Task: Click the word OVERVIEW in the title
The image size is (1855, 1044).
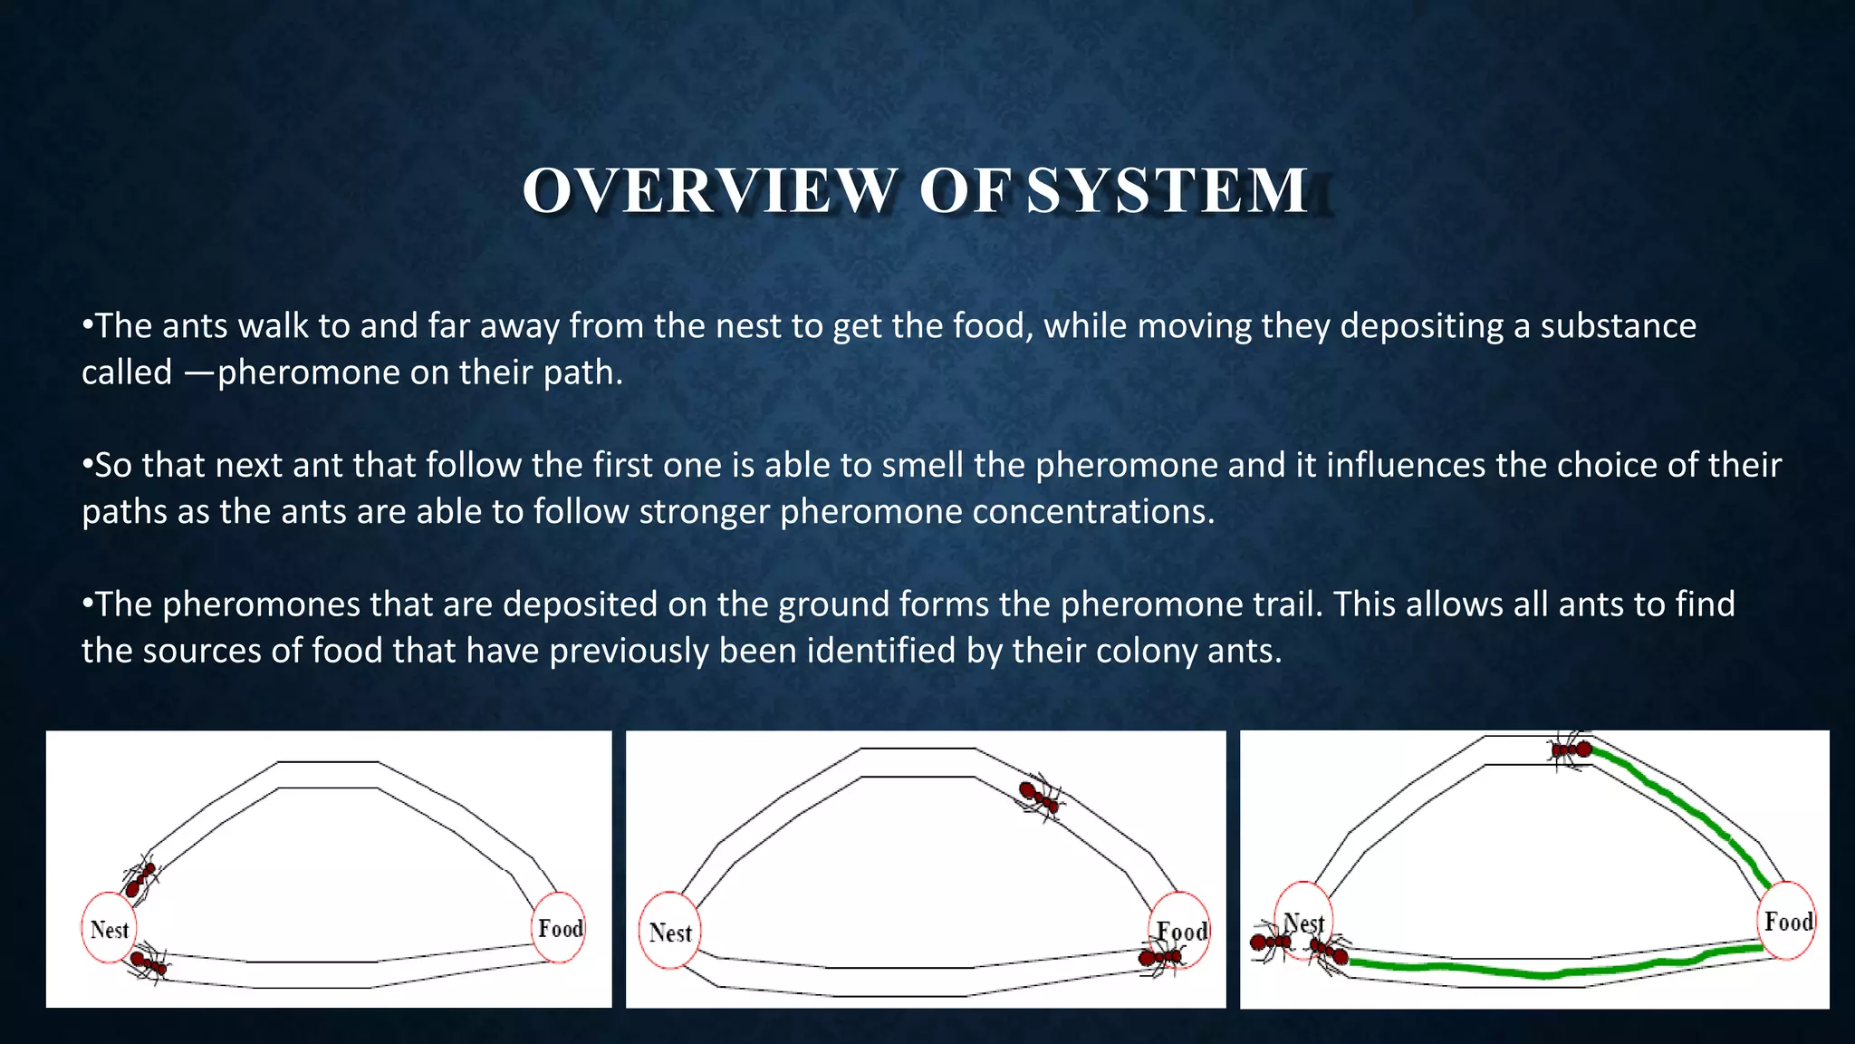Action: [709, 191]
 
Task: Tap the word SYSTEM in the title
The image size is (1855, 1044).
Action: [1168, 191]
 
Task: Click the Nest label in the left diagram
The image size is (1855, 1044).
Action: [110, 930]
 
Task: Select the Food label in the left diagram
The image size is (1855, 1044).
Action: [561, 928]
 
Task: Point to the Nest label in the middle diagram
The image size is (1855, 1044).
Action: [670, 933]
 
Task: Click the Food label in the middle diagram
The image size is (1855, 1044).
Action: [1183, 932]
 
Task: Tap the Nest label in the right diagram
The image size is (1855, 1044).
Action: [1304, 923]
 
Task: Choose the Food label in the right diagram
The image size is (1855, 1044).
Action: [1788, 922]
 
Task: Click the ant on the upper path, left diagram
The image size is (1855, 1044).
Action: [140, 877]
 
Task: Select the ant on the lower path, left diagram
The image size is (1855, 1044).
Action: [148, 962]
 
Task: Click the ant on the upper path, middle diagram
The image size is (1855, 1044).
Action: [1039, 797]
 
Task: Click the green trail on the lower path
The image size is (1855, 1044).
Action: [1540, 972]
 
